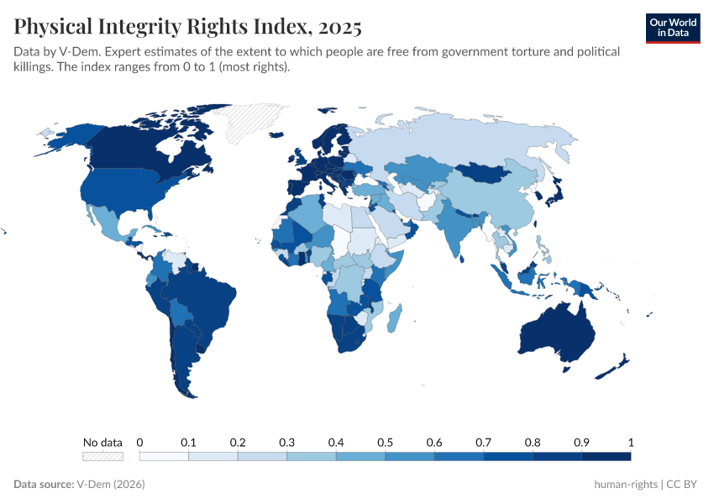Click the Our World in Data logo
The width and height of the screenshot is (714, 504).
pyautogui.click(x=672, y=28)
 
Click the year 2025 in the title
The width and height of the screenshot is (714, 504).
pyautogui.click(x=339, y=27)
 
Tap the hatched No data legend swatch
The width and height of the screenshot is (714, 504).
pyautogui.click(x=102, y=456)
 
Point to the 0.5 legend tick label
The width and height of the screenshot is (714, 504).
pyautogui.click(x=385, y=442)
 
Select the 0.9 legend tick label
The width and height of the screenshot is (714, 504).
pyautogui.click(x=581, y=442)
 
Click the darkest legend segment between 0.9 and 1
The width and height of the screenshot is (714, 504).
pyautogui.click(x=606, y=456)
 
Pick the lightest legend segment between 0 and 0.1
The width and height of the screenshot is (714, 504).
pyautogui.click(x=164, y=456)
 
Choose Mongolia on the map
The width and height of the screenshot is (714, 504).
pyautogui.click(x=496, y=172)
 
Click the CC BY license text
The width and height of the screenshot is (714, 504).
pyautogui.click(x=685, y=485)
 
